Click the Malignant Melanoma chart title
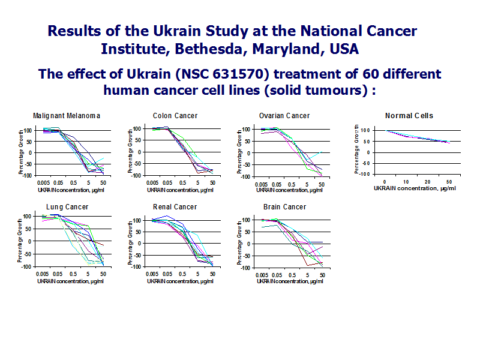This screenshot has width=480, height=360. (x=67, y=116)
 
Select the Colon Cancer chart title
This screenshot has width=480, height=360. (x=175, y=116)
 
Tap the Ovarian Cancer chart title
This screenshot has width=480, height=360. (x=284, y=116)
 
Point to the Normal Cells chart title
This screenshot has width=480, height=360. (x=409, y=116)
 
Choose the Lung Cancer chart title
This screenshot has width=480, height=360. (x=67, y=207)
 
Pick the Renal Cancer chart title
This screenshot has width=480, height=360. (x=175, y=207)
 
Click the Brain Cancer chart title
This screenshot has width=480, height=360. (x=284, y=207)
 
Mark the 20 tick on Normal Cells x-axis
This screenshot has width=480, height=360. (x=427, y=181)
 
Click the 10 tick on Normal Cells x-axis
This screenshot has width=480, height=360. (x=406, y=181)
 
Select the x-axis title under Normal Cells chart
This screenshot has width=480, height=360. (x=414, y=188)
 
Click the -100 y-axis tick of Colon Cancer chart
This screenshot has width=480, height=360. (x=137, y=175)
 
